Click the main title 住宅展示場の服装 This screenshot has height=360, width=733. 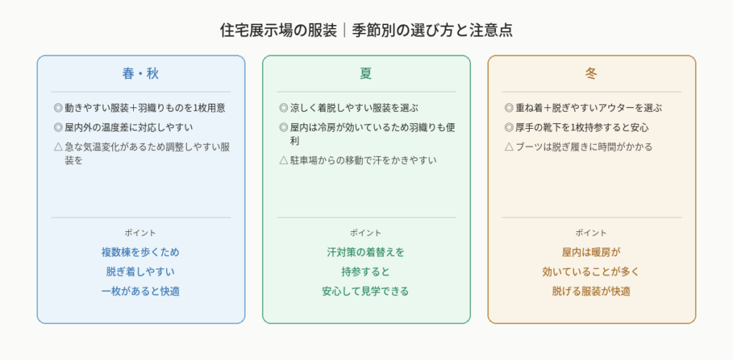tap(278, 30)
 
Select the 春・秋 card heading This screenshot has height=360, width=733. tap(141, 74)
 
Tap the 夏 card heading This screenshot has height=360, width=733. tap(366, 74)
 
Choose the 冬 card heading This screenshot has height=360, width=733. tap(591, 74)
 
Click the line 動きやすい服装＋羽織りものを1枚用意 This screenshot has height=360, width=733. tap(145, 108)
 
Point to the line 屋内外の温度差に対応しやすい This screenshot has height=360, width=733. tap(129, 127)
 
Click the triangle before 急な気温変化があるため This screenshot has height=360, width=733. tap(58, 147)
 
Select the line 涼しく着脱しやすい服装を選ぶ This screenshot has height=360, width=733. tap(354, 108)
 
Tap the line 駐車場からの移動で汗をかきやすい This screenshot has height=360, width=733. tap(363, 160)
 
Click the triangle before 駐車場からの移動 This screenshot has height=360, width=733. tap(283, 160)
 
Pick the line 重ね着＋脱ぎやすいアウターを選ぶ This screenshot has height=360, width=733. tap(588, 108)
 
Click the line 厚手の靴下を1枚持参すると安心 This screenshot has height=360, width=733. tap(582, 127)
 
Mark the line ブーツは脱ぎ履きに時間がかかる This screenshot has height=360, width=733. tap(584, 147)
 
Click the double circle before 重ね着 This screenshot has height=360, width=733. tap(509, 108)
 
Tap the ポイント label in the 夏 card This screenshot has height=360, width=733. tap(366, 233)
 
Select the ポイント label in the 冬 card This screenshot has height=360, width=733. tap(591, 233)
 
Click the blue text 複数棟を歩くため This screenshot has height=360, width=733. tap(141, 253)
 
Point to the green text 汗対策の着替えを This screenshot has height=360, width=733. tap(366, 253)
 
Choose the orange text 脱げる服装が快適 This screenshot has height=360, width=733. tap(591, 291)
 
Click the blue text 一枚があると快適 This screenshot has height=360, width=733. tap(141, 291)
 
